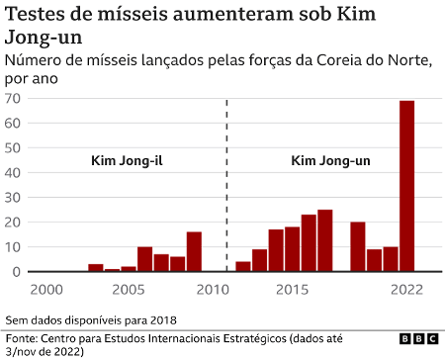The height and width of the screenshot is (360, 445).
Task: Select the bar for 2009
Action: tap(194, 251)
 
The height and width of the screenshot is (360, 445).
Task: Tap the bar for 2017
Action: tap(324, 240)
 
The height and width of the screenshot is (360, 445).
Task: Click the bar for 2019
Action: tap(358, 246)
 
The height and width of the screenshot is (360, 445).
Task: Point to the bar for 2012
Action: tap(242, 266)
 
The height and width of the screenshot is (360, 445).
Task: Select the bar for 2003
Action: tap(96, 267)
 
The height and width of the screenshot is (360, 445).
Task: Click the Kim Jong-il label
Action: tap(126, 160)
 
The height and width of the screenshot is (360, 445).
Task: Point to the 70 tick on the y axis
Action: tap(14, 99)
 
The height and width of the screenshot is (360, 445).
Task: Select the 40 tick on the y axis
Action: tap(14, 173)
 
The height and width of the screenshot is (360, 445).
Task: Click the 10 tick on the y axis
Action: tap(14, 247)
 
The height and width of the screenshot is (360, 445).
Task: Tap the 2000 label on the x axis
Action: tap(46, 288)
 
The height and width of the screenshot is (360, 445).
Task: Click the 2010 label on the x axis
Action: tap(210, 288)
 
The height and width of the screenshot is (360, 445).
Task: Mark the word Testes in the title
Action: tap(37, 15)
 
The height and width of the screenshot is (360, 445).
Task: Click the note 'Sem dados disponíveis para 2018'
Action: tap(89, 319)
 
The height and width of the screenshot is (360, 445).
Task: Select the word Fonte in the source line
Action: tap(25, 337)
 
